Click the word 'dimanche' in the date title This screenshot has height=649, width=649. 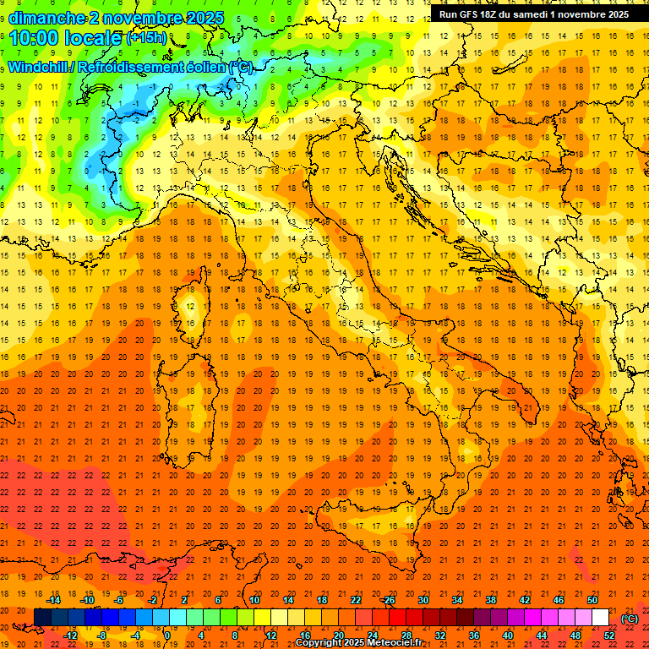point(47,18)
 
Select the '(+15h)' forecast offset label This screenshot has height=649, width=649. point(146,38)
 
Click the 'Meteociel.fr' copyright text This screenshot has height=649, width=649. point(388,643)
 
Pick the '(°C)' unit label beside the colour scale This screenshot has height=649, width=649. point(630,619)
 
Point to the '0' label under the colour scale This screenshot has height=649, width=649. point(167,635)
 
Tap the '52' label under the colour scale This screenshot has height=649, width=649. point(609,635)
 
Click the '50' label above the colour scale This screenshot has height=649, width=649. point(592,600)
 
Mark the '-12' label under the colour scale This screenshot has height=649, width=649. point(70,635)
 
